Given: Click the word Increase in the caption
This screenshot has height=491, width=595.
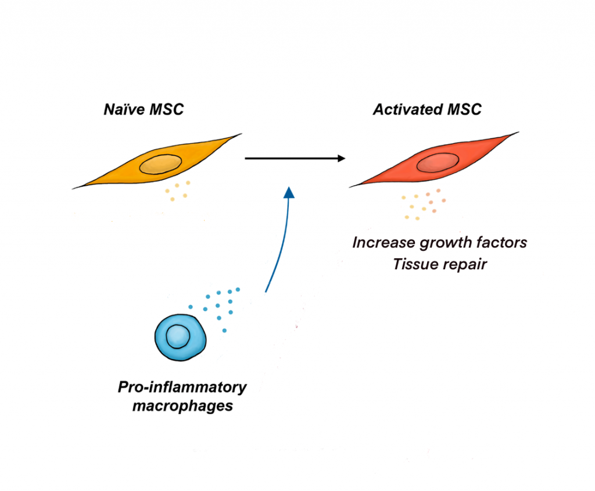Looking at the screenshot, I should pos(381,242).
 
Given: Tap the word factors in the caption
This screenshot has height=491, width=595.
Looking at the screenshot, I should pos(500,242).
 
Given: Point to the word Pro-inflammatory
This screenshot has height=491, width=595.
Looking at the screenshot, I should pos(182,387).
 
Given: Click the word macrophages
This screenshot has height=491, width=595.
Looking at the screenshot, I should pos(182,405).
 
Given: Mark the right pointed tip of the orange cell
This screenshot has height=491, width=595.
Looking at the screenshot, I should pos(238,135).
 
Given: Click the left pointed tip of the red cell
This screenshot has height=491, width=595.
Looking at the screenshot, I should pos(351,187).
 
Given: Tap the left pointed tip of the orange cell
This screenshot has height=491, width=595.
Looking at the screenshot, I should pos(74,188).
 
